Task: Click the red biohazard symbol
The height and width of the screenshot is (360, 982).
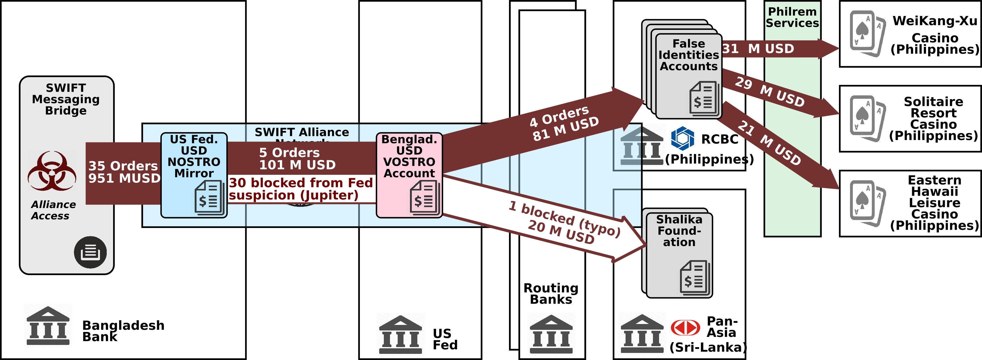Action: (x=52, y=171)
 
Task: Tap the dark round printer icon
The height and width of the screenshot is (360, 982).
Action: (x=90, y=252)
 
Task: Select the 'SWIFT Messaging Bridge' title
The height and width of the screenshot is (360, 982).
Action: (x=66, y=99)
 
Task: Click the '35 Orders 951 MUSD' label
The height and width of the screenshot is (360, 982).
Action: (x=124, y=172)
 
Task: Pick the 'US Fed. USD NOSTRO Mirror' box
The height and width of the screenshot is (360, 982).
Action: (x=194, y=175)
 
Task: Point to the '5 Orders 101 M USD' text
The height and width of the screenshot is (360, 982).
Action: (x=297, y=159)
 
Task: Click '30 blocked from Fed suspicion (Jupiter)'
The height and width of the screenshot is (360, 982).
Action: (x=300, y=189)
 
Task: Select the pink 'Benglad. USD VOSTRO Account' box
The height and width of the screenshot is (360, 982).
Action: (x=409, y=175)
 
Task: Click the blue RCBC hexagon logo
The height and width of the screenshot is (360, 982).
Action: (x=682, y=138)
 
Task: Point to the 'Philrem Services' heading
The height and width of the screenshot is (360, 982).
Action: (x=792, y=17)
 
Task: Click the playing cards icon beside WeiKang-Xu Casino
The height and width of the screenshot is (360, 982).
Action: (x=867, y=33)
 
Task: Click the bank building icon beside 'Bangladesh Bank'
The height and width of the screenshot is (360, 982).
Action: (x=48, y=326)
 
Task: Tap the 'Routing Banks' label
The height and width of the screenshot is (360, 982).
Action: (x=551, y=293)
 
